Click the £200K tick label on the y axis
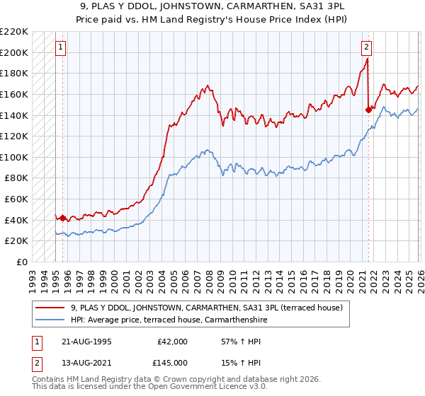click(x=14, y=52)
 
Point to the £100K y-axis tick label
click(x=14, y=157)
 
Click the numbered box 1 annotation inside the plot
click(x=60, y=48)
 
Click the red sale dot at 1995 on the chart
click(x=63, y=219)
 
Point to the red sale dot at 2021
click(x=368, y=110)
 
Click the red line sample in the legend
click(x=50, y=308)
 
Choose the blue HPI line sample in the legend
click(x=50, y=320)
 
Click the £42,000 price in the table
click(x=173, y=341)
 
